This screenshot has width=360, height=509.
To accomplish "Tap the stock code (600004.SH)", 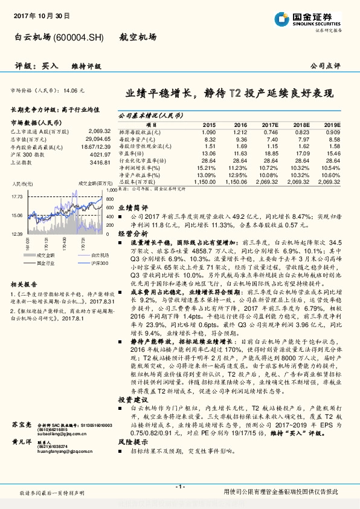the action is [x=79, y=37].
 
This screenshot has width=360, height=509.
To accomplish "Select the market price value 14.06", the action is [x=72, y=89].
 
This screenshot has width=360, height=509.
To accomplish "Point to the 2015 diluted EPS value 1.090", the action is [x=209, y=131].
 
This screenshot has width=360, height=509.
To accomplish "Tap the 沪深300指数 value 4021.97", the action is [x=98, y=155].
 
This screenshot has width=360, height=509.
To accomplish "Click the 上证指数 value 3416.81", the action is [x=98, y=163].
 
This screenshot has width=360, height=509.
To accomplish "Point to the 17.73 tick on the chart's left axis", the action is [x=16, y=196].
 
